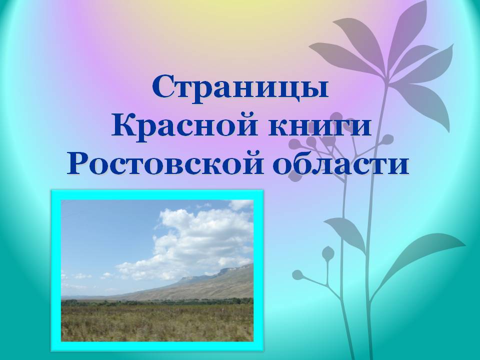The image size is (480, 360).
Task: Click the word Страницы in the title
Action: [240, 87]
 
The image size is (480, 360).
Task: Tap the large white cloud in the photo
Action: [190, 242]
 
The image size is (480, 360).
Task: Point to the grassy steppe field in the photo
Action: [157, 322]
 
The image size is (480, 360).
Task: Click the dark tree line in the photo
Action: [157, 302]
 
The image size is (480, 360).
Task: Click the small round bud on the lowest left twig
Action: [297, 274]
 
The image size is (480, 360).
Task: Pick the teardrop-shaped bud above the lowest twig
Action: [328, 252]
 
